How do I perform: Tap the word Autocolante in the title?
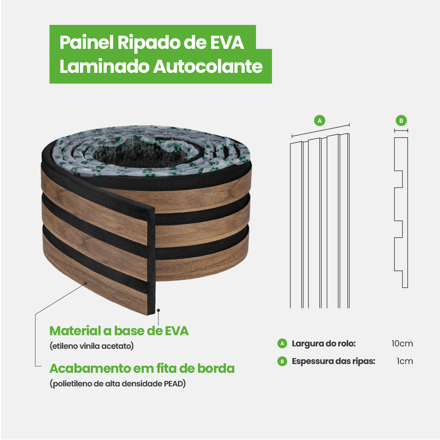pos(208,66)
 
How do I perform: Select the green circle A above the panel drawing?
pos(320,120)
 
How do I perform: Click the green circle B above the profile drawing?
pos(401,120)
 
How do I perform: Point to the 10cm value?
pos(402,344)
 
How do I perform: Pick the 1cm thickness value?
pos(405,361)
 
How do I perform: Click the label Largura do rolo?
pos(324,344)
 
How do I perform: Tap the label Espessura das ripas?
pos(334,361)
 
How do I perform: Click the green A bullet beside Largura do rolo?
pos(282,344)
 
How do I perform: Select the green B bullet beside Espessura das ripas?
pos(282,361)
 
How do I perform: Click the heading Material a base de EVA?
pos(119,331)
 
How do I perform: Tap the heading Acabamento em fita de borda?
pos(142,368)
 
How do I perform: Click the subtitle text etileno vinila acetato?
pos(92,346)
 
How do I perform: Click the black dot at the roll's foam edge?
pos(159,310)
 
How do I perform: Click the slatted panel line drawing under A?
pos(320,222)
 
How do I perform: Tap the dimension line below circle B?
pos(401,130)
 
